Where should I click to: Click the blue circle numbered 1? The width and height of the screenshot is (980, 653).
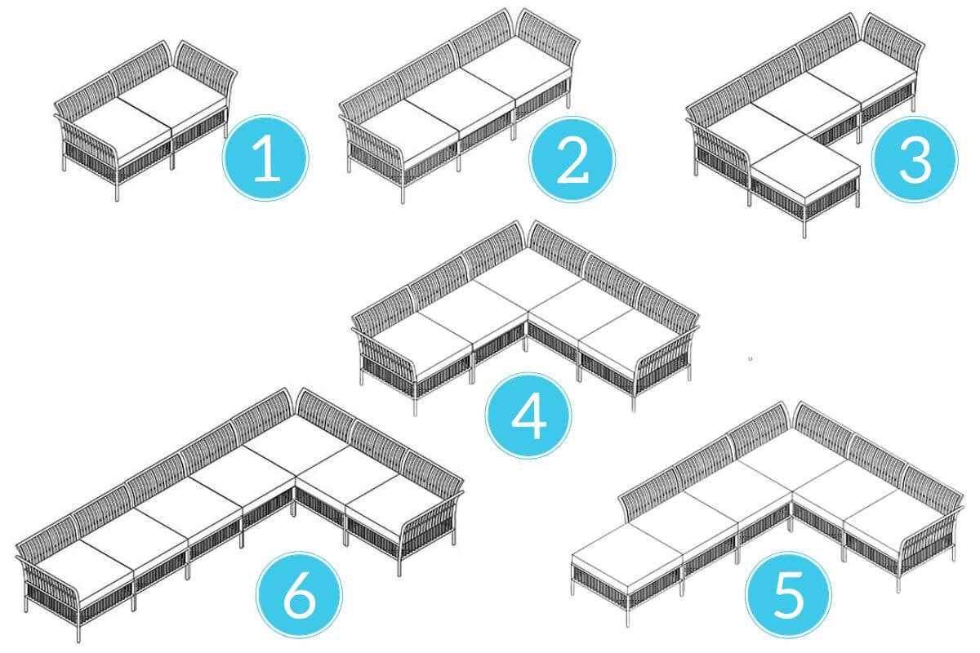click(265, 158)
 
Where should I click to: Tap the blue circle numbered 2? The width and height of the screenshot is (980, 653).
click(572, 159)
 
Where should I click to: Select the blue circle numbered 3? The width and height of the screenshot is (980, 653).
click(915, 159)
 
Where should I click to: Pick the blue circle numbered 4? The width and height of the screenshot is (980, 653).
click(528, 415)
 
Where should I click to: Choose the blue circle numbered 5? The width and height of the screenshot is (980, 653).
click(789, 594)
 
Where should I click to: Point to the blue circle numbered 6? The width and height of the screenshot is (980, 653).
click(299, 595)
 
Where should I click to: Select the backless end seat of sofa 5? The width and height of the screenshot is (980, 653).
click(627, 551)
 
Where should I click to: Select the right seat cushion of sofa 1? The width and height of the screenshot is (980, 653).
click(173, 100)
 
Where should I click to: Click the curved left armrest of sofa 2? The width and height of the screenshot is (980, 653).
click(376, 144)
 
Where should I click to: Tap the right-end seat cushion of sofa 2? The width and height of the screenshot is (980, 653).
click(516, 72)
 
